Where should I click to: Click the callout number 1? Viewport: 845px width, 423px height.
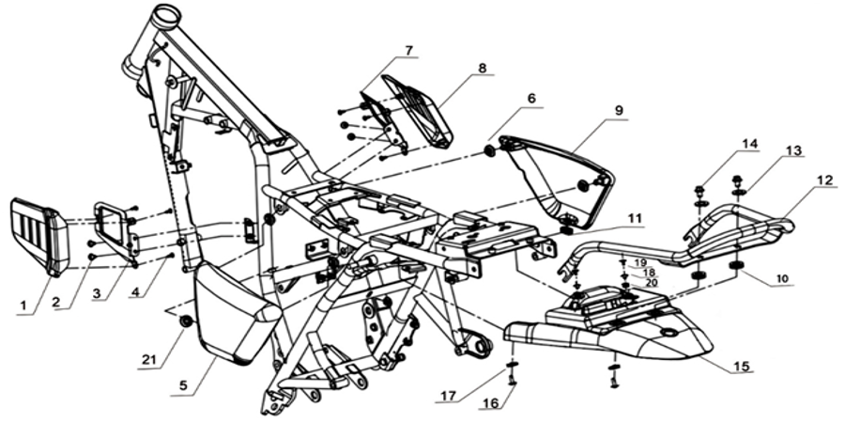tap(23, 305)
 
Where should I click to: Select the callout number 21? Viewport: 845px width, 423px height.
tap(147, 359)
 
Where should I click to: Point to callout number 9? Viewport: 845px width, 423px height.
tap(618, 111)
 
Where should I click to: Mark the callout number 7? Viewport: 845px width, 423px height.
tap(409, 51)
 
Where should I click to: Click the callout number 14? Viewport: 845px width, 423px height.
tap(748, 144)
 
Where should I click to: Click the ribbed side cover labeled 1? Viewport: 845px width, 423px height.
tap(38, 235)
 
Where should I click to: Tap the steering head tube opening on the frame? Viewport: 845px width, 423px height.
tap(166, 12)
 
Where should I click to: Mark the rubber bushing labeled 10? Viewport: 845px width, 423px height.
tap(735, 267)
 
